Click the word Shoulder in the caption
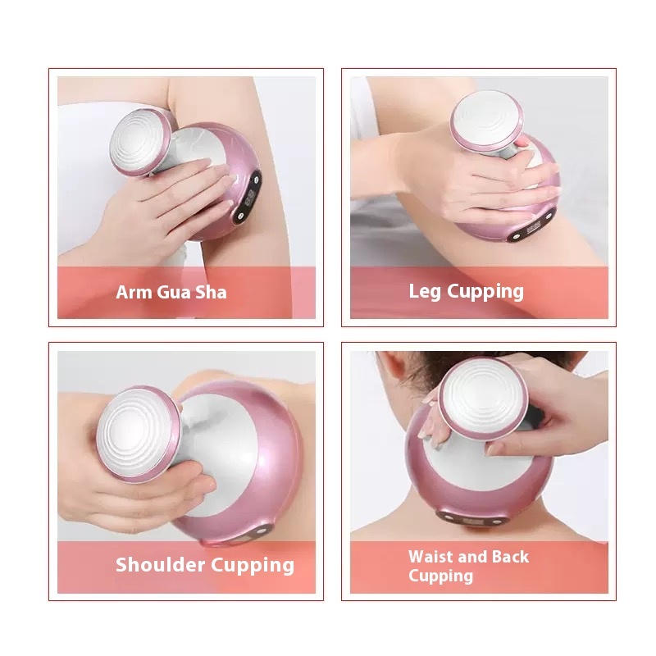point(160,564)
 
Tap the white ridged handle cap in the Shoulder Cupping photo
point(137,432)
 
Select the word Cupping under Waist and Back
point(440,576)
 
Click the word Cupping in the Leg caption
point(485,292)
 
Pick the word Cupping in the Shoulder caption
point(253,565)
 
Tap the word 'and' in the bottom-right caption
point(473,557)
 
